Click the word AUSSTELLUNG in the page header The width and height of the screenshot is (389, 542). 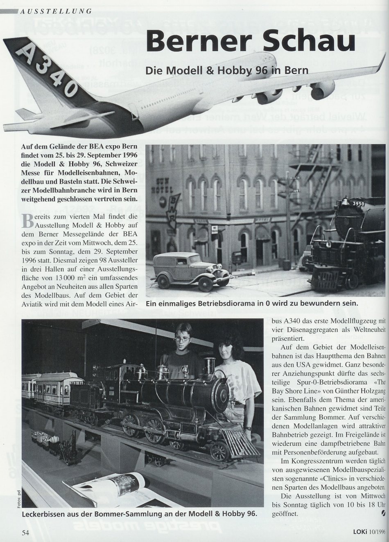[55, 11]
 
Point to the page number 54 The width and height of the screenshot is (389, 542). [26, 533]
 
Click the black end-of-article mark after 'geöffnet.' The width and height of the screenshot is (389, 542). [383, 512]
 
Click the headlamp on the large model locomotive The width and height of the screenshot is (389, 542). [210, 364]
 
